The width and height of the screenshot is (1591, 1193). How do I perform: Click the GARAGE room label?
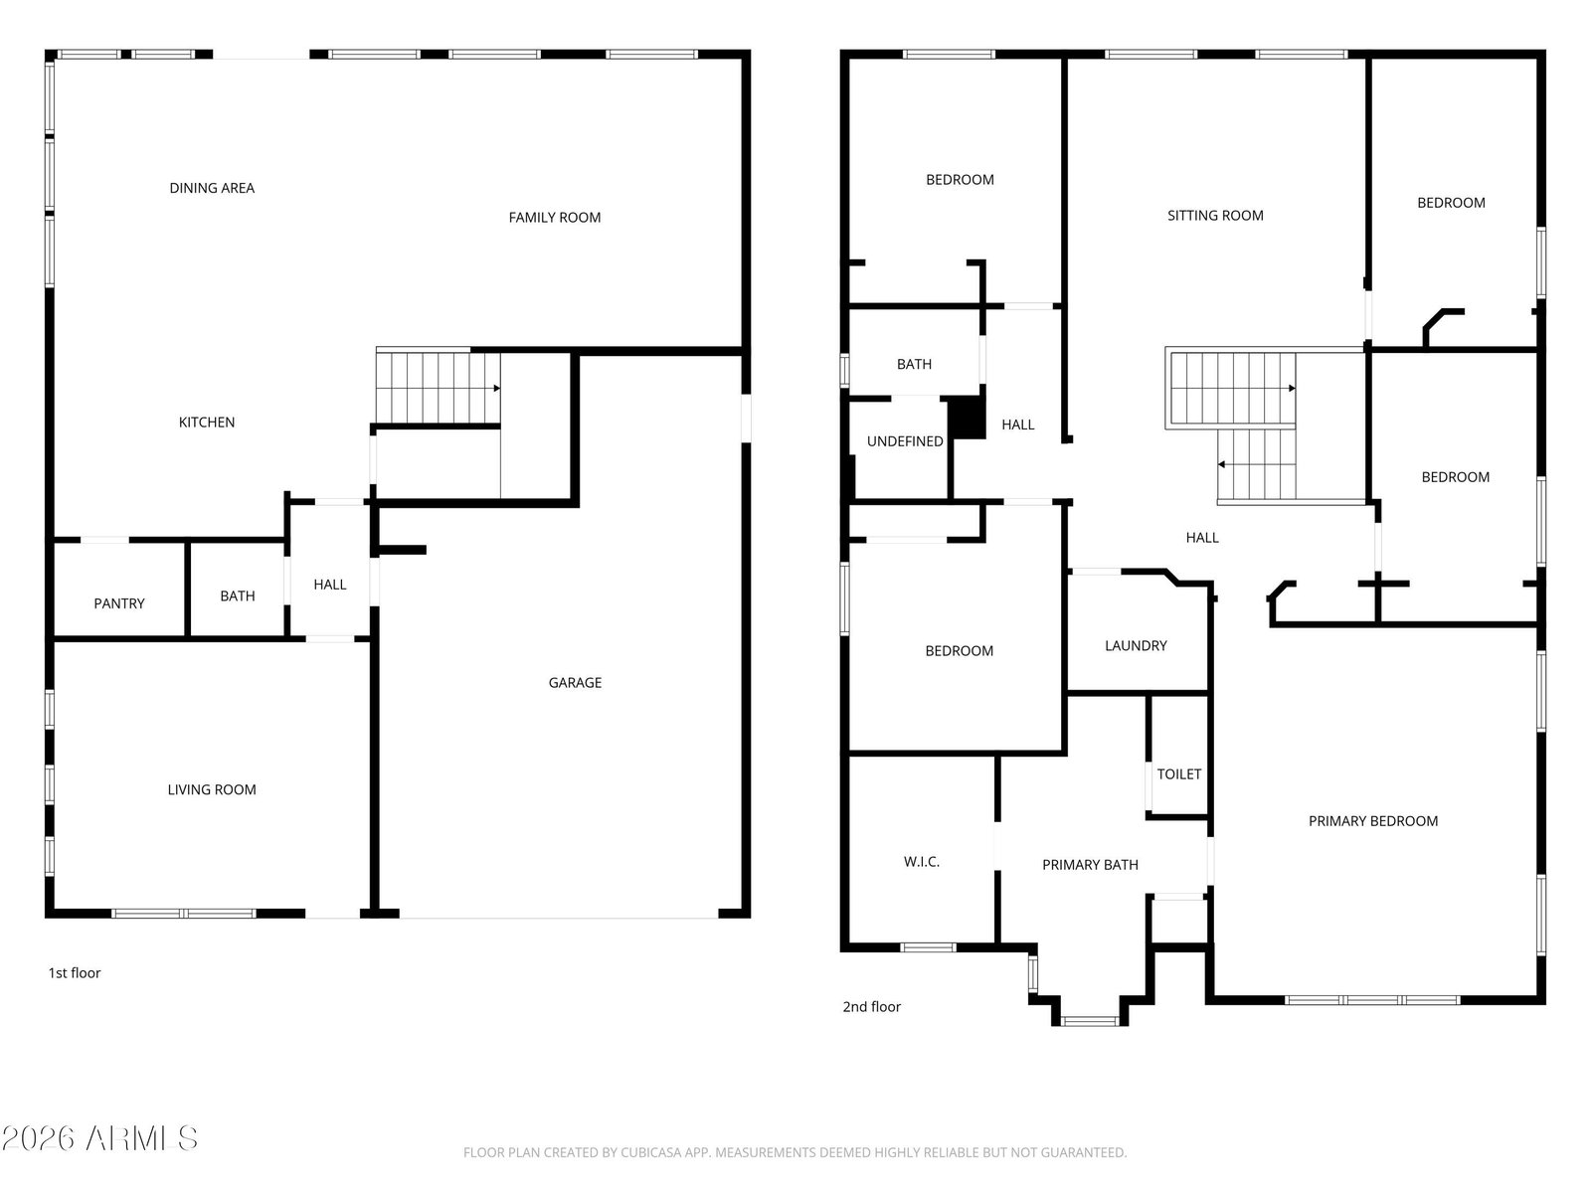pos(575,682)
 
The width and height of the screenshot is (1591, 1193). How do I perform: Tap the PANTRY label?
pos(119,603)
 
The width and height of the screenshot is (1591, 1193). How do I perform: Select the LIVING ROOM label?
pos(212,789)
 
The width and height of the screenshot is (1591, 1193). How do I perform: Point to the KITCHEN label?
pos(207,423)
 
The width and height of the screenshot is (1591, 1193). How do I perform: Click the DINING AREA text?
pos(212,188)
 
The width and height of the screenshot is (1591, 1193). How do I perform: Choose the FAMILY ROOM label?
pos(555,218)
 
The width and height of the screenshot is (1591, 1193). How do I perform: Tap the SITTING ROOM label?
pos(1215,215)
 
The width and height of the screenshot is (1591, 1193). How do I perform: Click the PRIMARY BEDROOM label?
pos(1373,821)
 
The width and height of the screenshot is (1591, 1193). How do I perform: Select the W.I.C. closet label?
pos(921,861)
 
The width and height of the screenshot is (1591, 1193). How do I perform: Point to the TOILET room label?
pos(1179,773)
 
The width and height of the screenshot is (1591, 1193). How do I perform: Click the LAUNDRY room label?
pos(1136,645)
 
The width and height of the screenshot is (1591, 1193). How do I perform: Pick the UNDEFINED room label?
pos(905,441)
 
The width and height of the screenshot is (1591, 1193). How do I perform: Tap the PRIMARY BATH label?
pos(1090,864)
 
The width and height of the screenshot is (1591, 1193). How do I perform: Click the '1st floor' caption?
pos(74,973)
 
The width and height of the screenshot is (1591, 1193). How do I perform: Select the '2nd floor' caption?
pos(871,1006)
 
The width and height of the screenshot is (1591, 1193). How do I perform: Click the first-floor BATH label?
pos(238,596)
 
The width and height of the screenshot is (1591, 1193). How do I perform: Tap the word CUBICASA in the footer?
pos(648,1151)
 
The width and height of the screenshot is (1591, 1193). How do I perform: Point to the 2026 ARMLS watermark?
pos(100,1138)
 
